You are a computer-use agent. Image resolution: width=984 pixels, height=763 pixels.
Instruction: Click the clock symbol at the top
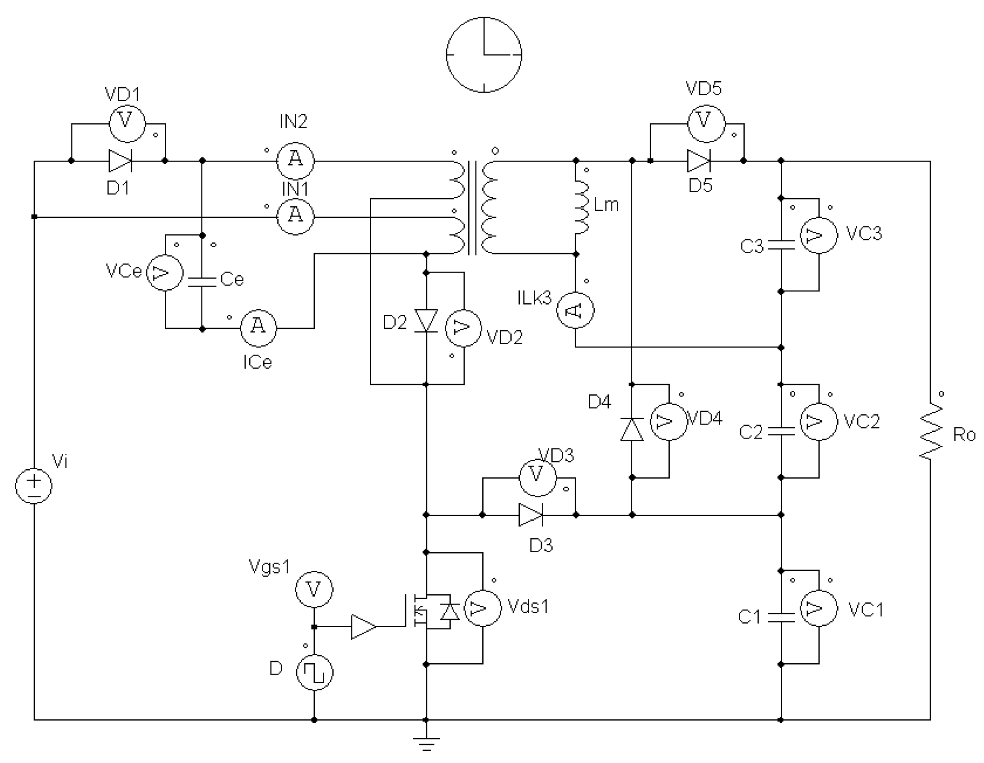coord(484,55)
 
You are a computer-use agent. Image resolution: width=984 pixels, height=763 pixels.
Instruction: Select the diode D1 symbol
coord(120,161)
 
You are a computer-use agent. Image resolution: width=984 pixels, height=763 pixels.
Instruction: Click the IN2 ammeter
coord(295,161)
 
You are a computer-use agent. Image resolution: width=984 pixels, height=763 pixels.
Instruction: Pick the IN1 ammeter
coord(295,217)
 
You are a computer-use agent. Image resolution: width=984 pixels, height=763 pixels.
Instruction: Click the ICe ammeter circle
coord(258,328)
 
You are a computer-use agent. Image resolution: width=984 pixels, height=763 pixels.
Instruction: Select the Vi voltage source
coord(34,486)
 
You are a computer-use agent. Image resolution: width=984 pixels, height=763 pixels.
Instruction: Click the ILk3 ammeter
coord(575,310)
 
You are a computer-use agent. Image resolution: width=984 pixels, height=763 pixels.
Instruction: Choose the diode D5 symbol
coord(698,161)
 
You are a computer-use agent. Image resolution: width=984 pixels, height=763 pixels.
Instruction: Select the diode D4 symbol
coord(632,430)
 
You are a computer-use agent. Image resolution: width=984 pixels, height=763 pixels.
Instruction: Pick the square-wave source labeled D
coord(314,672)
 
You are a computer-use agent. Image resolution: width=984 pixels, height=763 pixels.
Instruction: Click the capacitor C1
coord(781,617)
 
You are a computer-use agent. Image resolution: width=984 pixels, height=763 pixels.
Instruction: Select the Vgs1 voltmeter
coord(314,589)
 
